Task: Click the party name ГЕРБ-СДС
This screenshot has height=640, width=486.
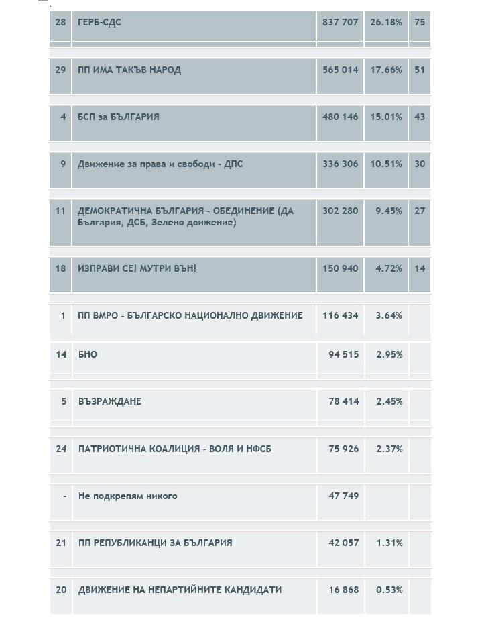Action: [x=99, y=22]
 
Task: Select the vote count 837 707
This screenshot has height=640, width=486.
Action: [x=340, y=22]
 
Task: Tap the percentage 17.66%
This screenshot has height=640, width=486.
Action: [x=386, y=70]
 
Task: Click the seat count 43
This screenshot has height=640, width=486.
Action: [x=420, y=117]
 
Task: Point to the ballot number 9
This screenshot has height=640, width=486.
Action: [x=63, y=164]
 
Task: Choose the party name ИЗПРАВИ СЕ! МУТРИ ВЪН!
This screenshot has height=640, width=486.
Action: [x=137, y=268]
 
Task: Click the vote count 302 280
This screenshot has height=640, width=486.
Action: [x=340, y=211]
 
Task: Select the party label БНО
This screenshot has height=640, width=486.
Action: [x=88, y=354]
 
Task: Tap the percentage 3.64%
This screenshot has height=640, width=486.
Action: [x=389, y=315]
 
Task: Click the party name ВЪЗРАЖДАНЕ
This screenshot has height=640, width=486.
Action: [x=110, y=401]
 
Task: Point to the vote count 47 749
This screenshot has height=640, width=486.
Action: [x=343, y=496]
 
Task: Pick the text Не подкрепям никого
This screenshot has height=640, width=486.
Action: [x=128, y=496]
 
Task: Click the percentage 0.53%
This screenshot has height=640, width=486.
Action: [x=389, y=590]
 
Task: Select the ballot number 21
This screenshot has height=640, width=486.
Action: [x=61, y=543]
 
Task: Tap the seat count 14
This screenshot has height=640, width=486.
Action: [x=420, y=268]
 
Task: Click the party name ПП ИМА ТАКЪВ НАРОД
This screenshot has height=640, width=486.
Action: [x=129, y=70]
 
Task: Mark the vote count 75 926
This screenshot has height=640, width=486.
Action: [x=343, y=449]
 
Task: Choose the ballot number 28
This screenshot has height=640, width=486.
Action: [x=60, y=22]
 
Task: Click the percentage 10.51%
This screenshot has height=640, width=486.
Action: [x=386, y=164]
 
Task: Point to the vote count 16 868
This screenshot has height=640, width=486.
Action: [x=343, y=590]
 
